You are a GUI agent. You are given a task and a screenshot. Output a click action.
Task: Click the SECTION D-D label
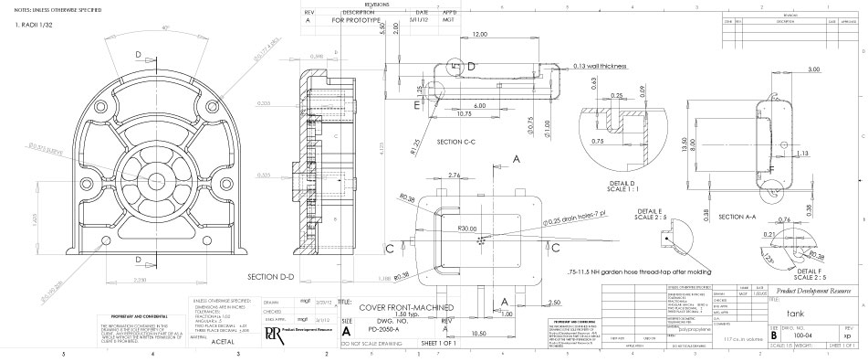click(x=277, y=276)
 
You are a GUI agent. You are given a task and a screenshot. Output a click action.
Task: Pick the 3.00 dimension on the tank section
click(x=812, y=69)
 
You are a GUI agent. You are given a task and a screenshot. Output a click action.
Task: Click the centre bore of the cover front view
click(x=147, y=175)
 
